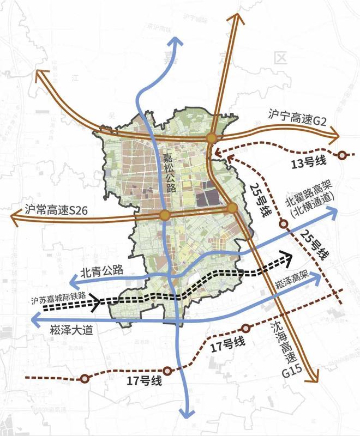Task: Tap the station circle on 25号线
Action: (x=284, y=223)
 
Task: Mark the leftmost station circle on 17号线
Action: (x=85, y=379)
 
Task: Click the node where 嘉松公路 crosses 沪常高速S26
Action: (x=164, y=216)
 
